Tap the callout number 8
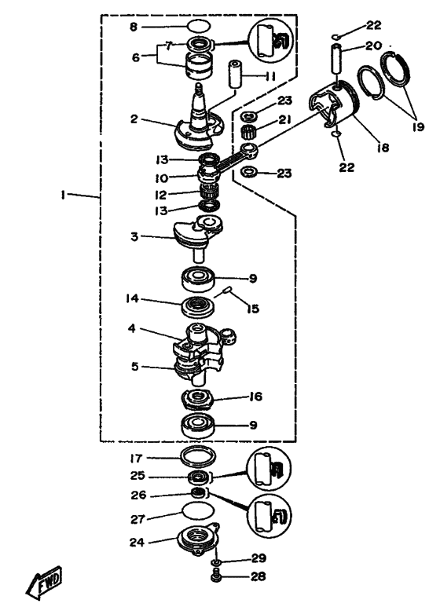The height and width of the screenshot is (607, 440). [134, 27]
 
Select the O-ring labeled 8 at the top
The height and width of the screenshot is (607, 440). [199, 27]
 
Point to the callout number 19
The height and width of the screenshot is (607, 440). [418, 126]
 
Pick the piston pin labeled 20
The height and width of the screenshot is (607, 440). [337, 58]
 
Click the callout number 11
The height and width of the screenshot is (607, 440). [270, 76]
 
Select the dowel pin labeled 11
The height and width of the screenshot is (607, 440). [235, 74]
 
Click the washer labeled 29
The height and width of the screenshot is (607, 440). [216, 561]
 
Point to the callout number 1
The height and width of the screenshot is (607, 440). [62, 195]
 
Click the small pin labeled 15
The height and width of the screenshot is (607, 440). [228, 290]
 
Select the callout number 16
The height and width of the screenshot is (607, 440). [256, 397]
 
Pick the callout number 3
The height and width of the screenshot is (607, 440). [134, 236]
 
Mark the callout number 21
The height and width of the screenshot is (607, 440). [285, 120]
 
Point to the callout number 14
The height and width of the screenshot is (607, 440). [132, 298]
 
